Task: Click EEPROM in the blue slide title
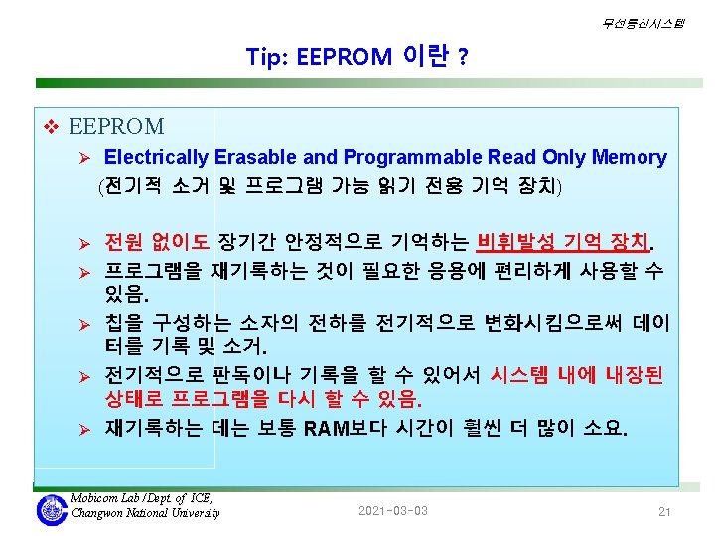coord(345,57)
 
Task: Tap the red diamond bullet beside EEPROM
coord(51,126)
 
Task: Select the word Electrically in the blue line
coord(156,157)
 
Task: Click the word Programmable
coord(413,157)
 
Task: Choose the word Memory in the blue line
coord(630,157)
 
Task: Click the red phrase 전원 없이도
coord(157,241)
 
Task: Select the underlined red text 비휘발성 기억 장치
coord(562,241)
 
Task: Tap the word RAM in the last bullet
coord(326,429)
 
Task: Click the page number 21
coord(664,512)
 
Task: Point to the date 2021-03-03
coord(393,511)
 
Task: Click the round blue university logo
coord(52,510)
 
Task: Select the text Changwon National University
coord(145,513)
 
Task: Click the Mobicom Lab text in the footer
coord(105,498)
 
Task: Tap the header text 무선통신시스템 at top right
coord(643,23)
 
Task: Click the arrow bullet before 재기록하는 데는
coord(84,430)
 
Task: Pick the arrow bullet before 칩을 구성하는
coord(84,325)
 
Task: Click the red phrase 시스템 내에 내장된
coord(576,375)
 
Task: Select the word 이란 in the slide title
coord(425,56)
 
